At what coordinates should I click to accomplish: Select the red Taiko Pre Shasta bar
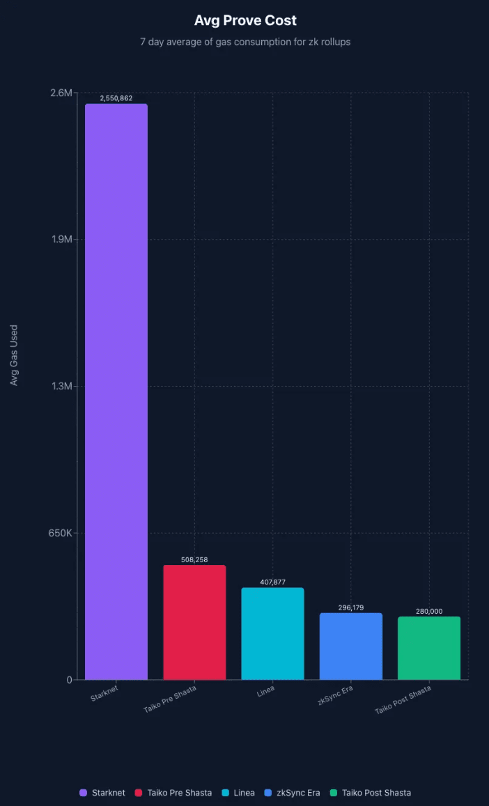click(x=194, y=622)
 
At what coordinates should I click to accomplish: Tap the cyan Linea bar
click(x=272, y=633)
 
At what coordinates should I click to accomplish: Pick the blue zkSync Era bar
click(x=350, y=646)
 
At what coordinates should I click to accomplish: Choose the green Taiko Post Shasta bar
click(x=429, y=648)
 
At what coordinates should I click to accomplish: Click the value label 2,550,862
click(x=116, y=98)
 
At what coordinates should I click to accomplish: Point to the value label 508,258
click(x=194, y=559)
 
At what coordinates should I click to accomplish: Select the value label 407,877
click(x=272, y=582)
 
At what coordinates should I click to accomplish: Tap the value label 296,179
click(x=350, y=607)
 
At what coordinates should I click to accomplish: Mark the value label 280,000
click(x=429, y=611)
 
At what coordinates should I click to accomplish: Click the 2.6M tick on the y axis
click(x=62, y=93)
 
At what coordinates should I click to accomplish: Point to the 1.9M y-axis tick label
click(x=62, y=239)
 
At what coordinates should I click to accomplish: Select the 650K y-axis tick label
click(x=60, y=533)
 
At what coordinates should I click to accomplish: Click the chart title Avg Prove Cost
click(x=245, y=21)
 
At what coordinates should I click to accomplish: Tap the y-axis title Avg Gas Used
click(x=14, y=355)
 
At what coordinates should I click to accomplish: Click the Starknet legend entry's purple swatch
click(x=84, y=793)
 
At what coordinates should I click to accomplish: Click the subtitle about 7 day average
click(x=245, y=42)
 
